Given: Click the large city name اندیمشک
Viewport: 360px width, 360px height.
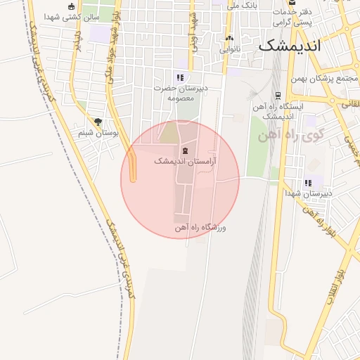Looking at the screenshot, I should click(289, 46).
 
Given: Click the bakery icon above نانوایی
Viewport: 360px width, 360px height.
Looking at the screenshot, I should click(229, 39).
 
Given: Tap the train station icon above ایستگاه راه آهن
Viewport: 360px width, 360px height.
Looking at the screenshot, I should click(278, 95).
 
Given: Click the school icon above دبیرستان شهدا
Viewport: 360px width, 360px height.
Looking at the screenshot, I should click(308, 183).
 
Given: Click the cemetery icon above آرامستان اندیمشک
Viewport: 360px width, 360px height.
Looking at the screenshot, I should click(185, 151).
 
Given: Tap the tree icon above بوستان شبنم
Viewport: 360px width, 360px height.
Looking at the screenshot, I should click(98, 122).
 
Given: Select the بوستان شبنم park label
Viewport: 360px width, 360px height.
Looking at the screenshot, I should click(96, 133).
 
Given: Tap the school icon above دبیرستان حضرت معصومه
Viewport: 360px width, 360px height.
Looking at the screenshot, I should click(180, 78).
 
